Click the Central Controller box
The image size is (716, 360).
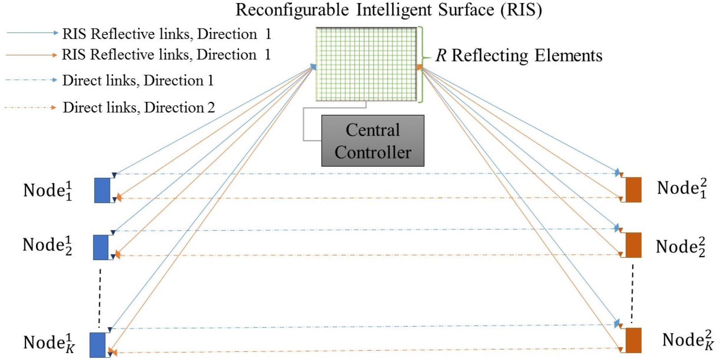pyautogui.click(x=372, y=141)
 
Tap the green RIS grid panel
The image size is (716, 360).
pyautogui.click(x=366, y=64)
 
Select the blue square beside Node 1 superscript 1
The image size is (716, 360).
pyautogui.click(x=102, y=190)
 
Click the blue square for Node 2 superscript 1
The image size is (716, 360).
pyautogui.click(x=101, y=247)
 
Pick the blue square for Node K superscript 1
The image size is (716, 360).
pyautogui.click(x=98, y=345)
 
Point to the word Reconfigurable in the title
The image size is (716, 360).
pyautogui.click(x=292, y=10)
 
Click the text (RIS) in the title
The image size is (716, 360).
pyautogui.click(x=521, y=10)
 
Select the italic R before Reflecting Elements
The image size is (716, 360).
pyautogui.click(x=440, y=56)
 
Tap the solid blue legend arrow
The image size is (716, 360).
pyautogui.click(x=32, y=33)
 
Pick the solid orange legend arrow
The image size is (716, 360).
pyautogui.click(x=32, y=55)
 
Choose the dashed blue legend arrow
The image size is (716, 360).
pyautogui.click(x=31, y=80)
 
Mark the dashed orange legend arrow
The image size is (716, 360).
pyautogui.click(x=30, y=108)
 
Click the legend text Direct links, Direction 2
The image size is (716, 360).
pyautogui.click(x=139, y=108)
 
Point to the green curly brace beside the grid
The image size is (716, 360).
pyautogui.click(x=422, y=64)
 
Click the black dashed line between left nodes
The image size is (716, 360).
pyautogui.click(x=100, y=298)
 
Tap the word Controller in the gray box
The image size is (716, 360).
pyautogui.click(x=372, y=153)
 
